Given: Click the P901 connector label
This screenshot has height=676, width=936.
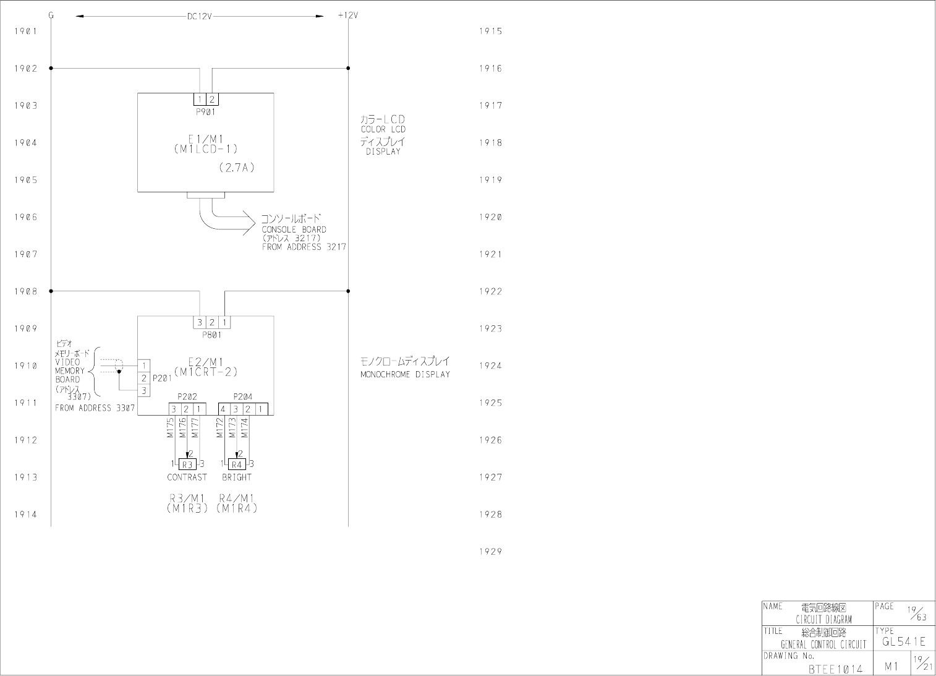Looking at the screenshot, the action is coord(206,111).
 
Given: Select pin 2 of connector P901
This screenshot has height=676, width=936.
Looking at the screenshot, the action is coord(212,100).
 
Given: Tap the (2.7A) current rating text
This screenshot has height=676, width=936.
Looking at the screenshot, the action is coord(237,168).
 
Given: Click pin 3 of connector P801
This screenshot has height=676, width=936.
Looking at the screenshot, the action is coord(200,322).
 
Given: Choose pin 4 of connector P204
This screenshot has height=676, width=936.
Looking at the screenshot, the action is coord(223,409).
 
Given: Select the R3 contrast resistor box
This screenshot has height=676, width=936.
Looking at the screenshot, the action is coord(187,464).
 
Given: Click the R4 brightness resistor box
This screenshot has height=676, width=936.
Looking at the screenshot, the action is coord(237,464).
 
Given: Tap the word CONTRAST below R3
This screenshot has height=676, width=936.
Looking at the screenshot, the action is coord(187,477).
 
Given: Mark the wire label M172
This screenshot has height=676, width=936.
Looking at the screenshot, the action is coord(220,427).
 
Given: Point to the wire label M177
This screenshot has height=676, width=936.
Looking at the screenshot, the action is coord(195,427).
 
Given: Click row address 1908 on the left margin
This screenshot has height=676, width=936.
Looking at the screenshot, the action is coord(26,291).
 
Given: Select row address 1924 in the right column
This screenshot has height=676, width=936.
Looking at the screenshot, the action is coord(490,366).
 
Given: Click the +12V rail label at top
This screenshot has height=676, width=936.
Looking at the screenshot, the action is coord(347,15).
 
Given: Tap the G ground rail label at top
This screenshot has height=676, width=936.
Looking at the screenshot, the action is coord(51,15).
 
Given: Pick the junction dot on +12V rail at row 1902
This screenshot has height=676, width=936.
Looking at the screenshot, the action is coord(348,68).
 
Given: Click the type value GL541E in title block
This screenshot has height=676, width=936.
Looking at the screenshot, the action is coord(904,641).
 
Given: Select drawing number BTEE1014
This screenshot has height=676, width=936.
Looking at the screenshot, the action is coord(835,669).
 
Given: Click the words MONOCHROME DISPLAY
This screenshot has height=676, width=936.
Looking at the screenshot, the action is coord(405,375).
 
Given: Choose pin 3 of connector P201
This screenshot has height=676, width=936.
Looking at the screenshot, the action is coord(144,390).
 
